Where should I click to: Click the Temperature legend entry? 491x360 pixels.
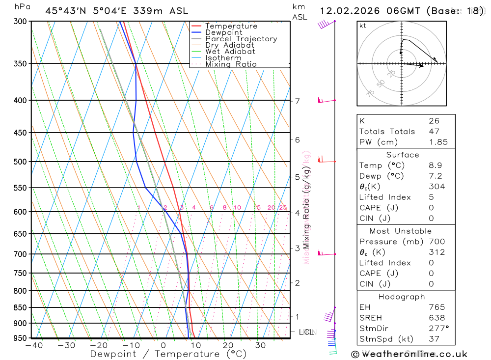(231, 26)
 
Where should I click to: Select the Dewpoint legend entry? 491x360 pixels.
(223, 32)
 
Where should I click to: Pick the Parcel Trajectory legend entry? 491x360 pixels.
(241, 39)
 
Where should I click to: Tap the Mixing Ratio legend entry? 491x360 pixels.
(231, 64)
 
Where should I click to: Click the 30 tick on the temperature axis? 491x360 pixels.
(260, 346)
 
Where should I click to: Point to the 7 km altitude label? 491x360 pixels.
(297, 101)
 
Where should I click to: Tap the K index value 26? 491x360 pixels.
(434, 121)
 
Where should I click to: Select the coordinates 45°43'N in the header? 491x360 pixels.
(66, 10)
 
